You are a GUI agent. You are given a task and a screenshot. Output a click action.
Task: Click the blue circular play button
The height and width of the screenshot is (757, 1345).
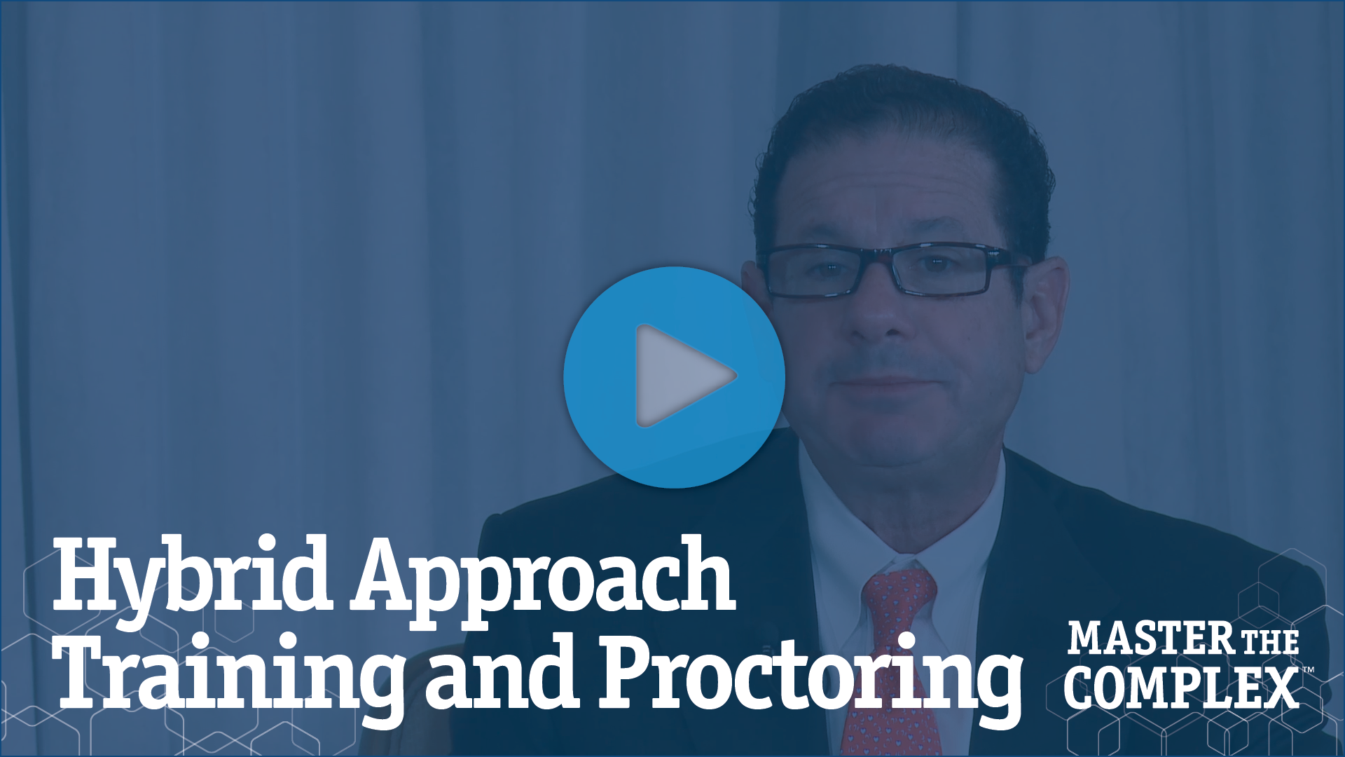[x=674, y=377]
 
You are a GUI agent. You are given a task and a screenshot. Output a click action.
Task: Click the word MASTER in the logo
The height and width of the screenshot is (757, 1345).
[x=1151, y=639]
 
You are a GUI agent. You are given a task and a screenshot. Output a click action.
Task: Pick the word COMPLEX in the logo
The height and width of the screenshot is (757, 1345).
[x=1182, y=688]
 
